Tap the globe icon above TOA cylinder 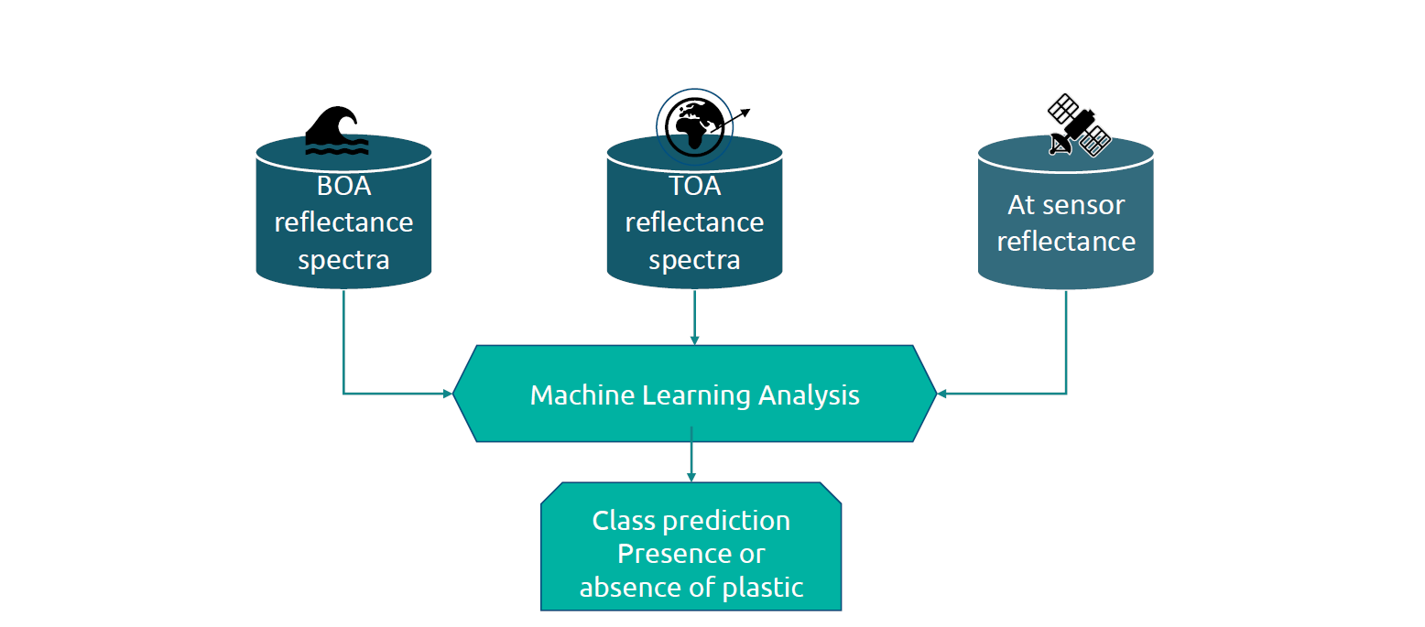tap(695, 125)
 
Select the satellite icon tap(1079, 126)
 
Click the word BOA tap(343, 186)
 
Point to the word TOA tap(695, 186)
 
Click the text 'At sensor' tap(1066, 204)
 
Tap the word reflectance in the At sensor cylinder tap(1066, 241)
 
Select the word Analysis tap(809, 395)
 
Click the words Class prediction tap(691, 521)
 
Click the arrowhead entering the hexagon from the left tap(448, 394)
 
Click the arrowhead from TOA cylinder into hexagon tap(694, 340)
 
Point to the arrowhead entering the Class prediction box tap(691, 477)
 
